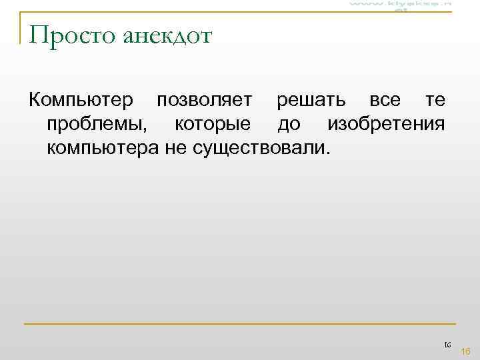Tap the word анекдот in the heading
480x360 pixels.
click(167, 35)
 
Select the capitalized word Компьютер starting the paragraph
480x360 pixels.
click(80, 100)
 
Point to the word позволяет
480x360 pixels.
click(204, 100)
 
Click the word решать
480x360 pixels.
click(311, 100)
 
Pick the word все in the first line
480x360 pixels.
click(385, 100)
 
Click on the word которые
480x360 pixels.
click(213, 123)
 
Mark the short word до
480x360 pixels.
click(289, 123)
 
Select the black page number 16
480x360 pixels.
click(447, 344)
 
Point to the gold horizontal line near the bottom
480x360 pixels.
click(240, 324)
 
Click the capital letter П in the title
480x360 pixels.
click(38, 35)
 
